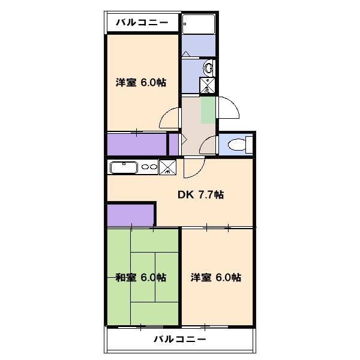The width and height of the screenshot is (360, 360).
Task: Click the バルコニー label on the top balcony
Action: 142,23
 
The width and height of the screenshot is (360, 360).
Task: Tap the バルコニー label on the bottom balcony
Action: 179,339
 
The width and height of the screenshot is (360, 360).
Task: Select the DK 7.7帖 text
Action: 200,194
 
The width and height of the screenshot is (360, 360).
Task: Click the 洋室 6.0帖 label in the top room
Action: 140,83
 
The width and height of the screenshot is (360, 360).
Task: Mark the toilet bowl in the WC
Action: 238,145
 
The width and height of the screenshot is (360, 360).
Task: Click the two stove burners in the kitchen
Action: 149,167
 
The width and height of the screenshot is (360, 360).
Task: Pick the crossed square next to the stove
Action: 169,167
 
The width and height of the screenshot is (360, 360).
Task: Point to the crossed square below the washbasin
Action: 208,85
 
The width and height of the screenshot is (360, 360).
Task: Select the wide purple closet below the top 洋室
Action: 136,145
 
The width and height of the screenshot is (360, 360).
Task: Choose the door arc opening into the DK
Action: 194,168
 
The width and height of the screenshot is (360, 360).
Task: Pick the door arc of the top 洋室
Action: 169,117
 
